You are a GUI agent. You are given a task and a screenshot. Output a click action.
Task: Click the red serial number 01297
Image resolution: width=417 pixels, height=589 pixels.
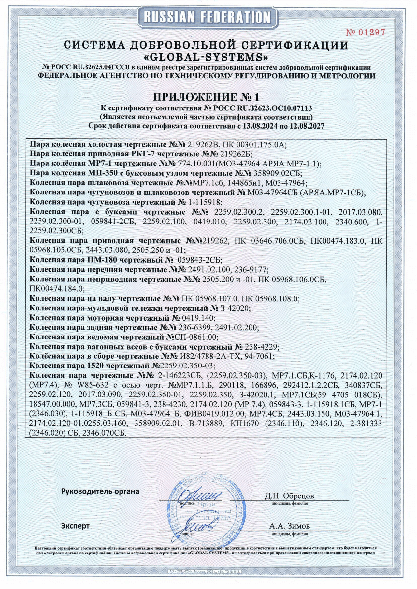(x=365, y=32)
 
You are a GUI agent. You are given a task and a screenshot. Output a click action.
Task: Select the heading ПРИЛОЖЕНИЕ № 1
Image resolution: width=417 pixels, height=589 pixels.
(x=207, y=97)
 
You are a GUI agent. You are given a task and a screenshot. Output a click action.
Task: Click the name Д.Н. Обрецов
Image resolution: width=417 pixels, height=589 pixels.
(x=289, y=496)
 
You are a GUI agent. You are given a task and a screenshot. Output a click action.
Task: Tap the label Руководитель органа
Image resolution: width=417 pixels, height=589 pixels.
(x=100, y=491)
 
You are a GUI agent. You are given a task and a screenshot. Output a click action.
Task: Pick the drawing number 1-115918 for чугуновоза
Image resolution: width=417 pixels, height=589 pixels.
(x=205, y=202)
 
